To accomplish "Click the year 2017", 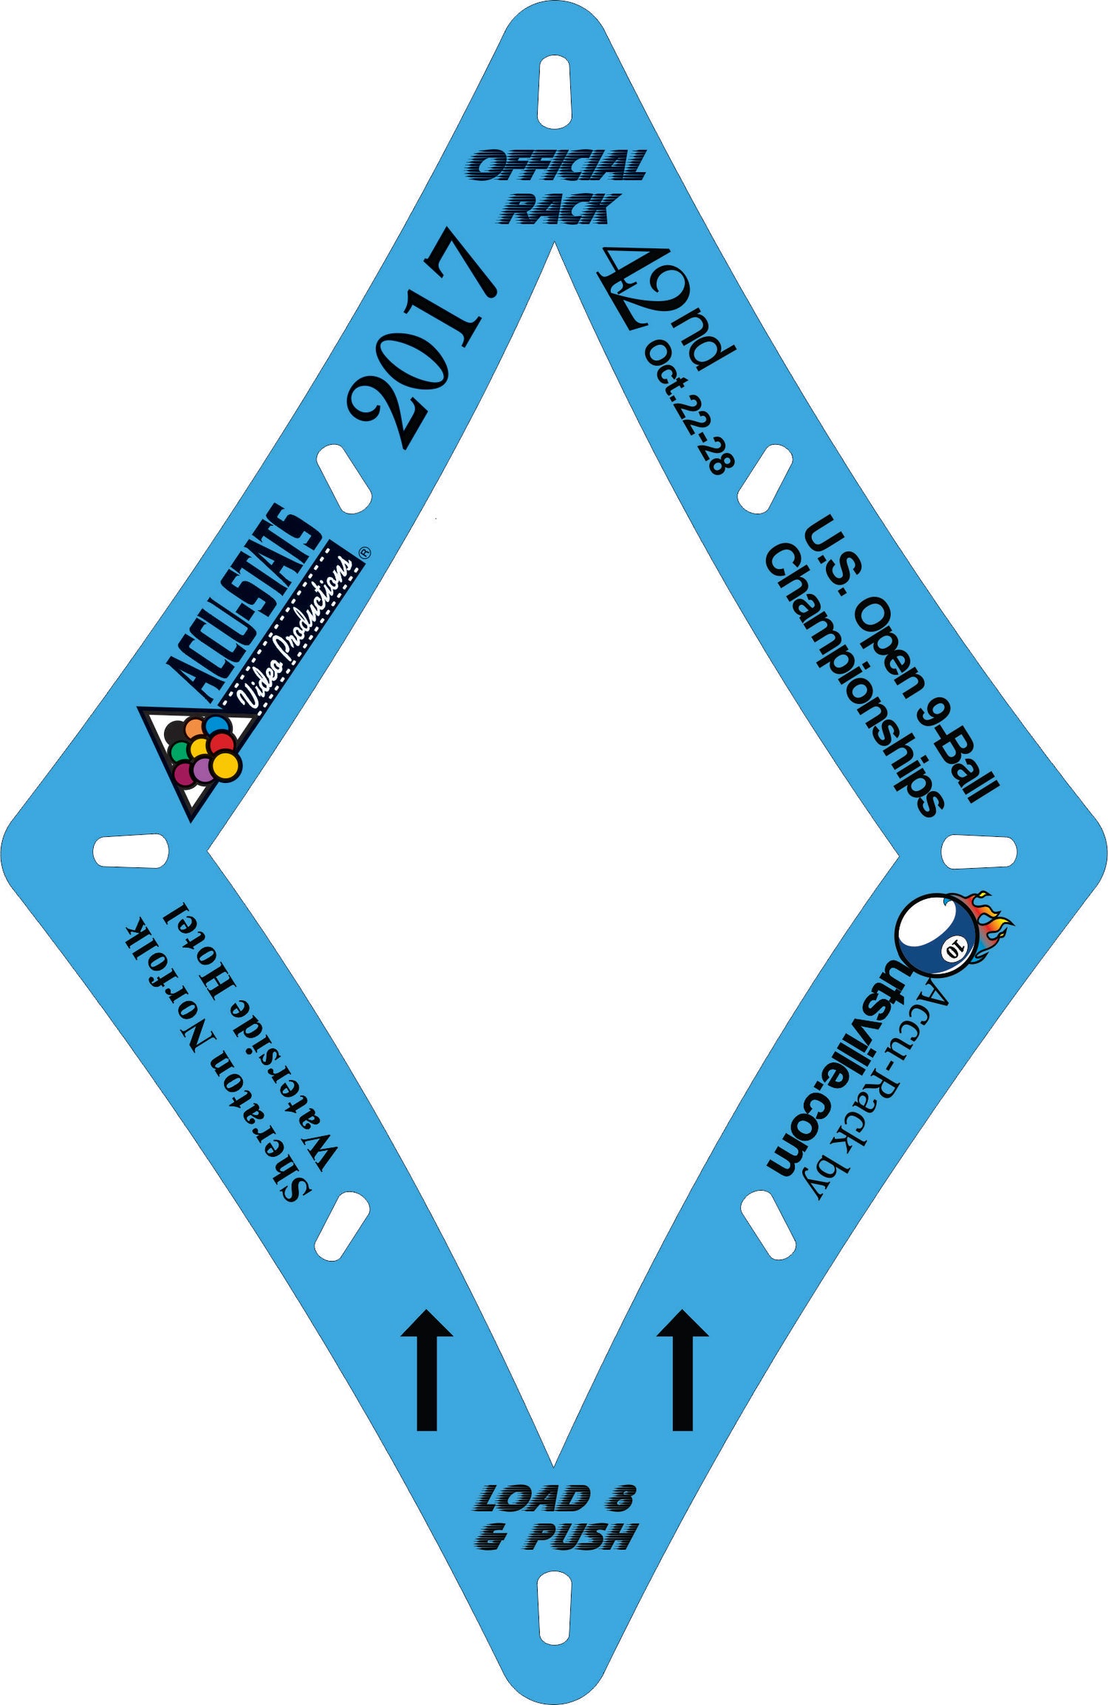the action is coord(421,338).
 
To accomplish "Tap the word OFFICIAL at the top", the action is coord(556,165).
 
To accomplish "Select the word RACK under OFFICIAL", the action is coord(557,208).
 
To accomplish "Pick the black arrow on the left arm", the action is coord(427,1370).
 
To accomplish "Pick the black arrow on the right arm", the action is coord(683,1370).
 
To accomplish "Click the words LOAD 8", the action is coord(554,1499).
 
